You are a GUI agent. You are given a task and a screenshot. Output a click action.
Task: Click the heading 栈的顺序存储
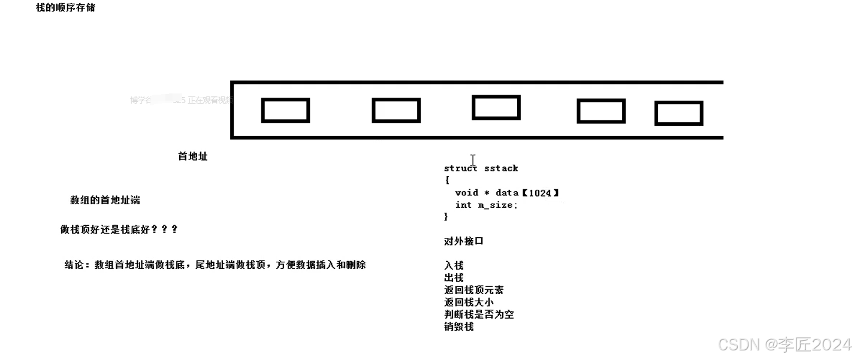point(65,8)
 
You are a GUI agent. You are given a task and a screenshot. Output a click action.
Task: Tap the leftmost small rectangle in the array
point(285,111)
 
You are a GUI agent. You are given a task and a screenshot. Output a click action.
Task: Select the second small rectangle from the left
point(396,111)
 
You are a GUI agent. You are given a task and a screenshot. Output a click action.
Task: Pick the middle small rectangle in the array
point(496,108)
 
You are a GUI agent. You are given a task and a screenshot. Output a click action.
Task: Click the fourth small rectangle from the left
point(601,111)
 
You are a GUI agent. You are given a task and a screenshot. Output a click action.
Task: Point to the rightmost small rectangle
point(678,114)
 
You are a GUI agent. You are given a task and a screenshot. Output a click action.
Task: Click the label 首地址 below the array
point(192,156)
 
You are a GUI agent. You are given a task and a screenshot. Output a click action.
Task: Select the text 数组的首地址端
point(105,200)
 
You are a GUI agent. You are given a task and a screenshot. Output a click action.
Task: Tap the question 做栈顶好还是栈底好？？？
point(119,229)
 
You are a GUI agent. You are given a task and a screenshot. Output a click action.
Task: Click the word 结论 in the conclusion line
point(76,265)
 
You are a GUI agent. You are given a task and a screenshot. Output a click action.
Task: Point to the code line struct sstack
point(481,168)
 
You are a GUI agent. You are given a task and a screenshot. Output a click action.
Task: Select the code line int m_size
point(486,205)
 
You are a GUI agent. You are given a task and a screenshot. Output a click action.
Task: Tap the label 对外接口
point(463,241)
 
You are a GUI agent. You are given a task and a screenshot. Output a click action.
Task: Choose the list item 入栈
point(454,265)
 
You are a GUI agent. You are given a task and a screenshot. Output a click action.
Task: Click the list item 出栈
point(454,278)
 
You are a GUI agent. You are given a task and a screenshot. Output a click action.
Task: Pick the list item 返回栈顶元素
point(473,290)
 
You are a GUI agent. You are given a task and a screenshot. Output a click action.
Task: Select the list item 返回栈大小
point(469,302)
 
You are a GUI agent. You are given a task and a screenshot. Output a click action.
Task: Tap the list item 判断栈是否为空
point(478,314)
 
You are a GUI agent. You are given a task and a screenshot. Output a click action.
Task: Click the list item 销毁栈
point(458,326)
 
